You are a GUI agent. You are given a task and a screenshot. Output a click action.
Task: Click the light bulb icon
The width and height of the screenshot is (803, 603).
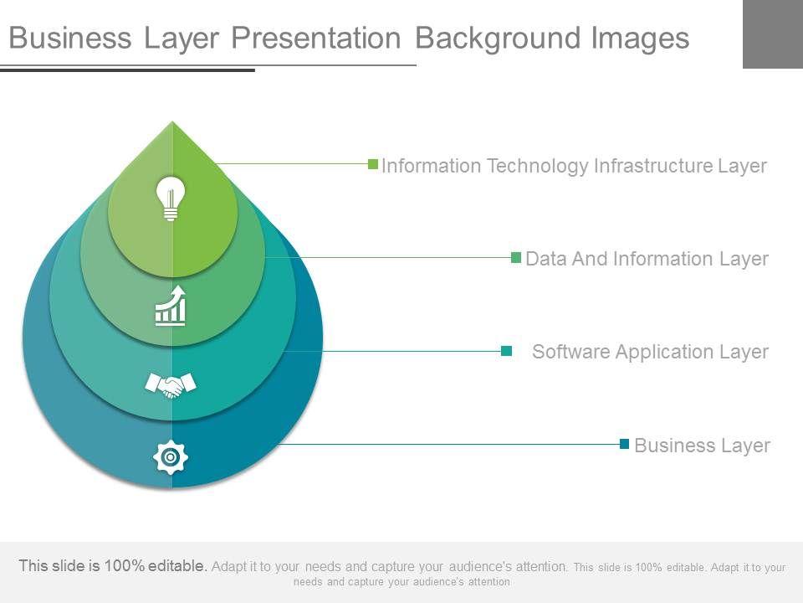click(171, 198)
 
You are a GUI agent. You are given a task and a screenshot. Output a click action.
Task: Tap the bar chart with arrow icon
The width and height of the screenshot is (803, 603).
click(171, 306)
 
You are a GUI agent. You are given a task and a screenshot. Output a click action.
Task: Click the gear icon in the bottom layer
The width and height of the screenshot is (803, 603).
click(171, 457)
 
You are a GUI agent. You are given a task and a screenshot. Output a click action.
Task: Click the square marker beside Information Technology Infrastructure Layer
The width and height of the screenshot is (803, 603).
click(373, 164)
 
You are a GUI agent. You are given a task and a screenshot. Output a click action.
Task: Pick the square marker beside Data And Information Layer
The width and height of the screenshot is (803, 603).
click(516, 257)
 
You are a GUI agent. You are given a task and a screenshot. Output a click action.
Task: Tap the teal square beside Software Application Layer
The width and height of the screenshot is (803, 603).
click(507, 351)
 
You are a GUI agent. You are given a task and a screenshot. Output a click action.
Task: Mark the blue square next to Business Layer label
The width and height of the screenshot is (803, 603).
click(624, 444)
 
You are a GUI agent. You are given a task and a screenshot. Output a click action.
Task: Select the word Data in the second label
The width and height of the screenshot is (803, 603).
click(546, 259)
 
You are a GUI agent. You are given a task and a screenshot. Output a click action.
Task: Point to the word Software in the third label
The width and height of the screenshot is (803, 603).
click(571, 352)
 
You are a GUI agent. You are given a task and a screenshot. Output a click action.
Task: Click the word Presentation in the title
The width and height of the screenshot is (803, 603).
click(316, 38)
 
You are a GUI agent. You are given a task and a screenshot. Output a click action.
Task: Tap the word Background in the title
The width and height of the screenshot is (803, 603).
click(498, 39)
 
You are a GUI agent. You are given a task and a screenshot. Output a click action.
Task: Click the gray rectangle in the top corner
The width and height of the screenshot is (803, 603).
click(773, 33)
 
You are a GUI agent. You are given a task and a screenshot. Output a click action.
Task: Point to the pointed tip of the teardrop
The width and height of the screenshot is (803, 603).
click(172, 121)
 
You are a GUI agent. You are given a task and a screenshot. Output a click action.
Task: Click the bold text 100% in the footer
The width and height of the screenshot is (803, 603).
click(125, 565)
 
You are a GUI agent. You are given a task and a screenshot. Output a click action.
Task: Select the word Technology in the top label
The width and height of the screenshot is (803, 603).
click(537, 166)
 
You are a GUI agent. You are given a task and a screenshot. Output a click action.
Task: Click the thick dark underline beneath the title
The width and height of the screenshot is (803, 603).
click(127, 70)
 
